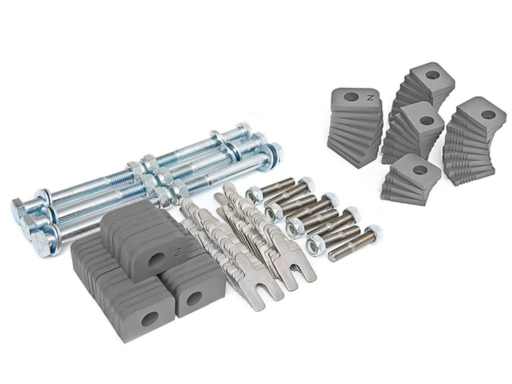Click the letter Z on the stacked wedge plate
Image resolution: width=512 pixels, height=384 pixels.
[x=370, y=97]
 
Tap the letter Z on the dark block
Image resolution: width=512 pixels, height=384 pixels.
[x=178, y=252]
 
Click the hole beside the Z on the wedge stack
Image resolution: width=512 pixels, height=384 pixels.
[x=351, y=96]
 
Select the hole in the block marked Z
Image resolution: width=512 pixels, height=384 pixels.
[x=156, y=260]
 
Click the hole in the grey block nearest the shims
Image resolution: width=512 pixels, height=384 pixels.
[x=194, y=298]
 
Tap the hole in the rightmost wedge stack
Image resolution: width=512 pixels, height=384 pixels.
[x=488, y=114]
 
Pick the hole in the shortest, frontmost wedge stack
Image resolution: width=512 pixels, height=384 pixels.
[x=419, y=170]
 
